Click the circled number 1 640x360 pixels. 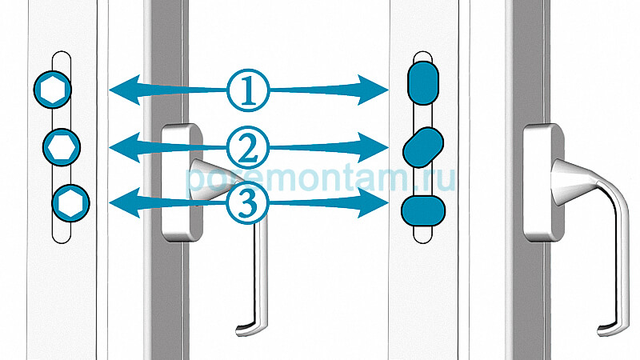248,90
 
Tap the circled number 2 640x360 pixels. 248,148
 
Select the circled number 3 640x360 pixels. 248,203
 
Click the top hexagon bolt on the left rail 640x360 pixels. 53,90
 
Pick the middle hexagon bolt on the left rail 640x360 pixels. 62,147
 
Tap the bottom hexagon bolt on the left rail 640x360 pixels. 71,203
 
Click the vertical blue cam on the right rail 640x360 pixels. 423,83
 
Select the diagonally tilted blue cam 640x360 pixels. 423,147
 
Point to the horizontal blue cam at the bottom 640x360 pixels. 423,211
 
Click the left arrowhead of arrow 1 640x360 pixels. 125,90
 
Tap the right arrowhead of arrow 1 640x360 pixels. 373,90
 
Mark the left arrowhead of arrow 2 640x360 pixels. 125,147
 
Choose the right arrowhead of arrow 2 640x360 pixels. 373,147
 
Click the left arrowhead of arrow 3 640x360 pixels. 125,203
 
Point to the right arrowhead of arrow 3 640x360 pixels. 373,203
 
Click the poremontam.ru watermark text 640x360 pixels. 320,178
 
